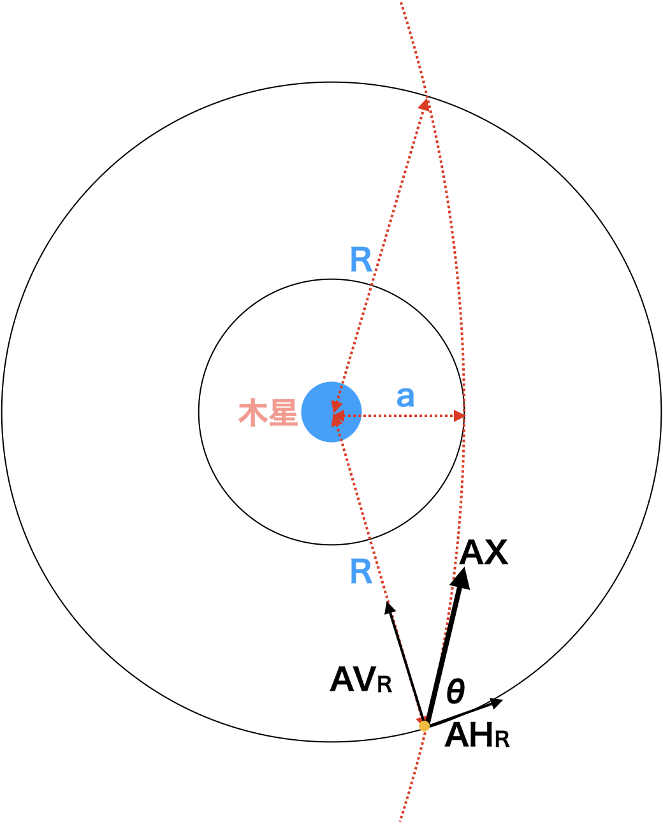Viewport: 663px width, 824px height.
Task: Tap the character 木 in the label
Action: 252,413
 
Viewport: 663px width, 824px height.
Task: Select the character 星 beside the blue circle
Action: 283,413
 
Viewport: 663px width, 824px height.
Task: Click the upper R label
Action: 361,260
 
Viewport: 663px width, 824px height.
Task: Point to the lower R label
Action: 361,571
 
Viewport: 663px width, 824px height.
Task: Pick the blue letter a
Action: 405,397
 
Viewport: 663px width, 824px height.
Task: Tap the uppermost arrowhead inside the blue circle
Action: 336,406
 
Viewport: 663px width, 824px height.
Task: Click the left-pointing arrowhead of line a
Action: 339,416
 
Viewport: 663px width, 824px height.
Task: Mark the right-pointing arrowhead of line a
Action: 460,416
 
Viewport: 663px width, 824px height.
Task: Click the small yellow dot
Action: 424,726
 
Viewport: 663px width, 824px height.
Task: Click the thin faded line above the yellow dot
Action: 405,663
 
